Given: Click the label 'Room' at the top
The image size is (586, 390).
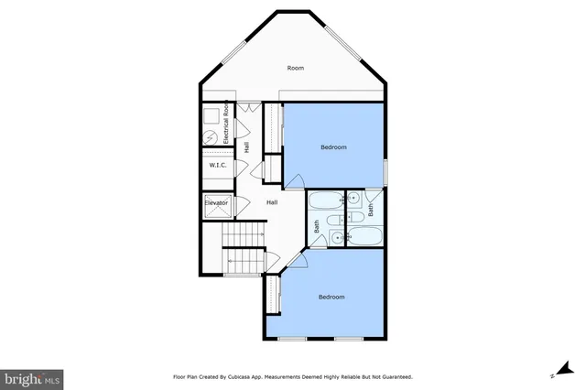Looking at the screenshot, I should pyautogui.click(x=295, y=68).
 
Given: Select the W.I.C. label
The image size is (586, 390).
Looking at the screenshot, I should pyautogui.click(x=218, y=166).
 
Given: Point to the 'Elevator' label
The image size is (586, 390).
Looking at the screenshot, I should pyautogui.click(x=216, y=203).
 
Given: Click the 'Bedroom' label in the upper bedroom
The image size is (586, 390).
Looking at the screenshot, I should pyautogui.click(x=333, y=147).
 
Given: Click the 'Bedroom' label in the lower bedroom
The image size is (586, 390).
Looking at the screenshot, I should pyautogui.click(x=331, y=297).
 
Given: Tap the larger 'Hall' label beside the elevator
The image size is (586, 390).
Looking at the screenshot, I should pyautogui.click(x=272, y=202).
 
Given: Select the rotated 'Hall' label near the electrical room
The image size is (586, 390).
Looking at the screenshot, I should pyautogui.click(x=247, y=146).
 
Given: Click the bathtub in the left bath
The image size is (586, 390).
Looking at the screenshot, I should pyautogui.click(x=325, y=200).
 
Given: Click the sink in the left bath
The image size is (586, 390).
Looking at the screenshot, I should pyautogui.click(x=338, y=237).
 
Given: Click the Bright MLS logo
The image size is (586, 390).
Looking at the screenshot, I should pyautogui.click(x=32, y=376).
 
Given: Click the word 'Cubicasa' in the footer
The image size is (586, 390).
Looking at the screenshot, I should pyautogui.click(x=236, y=376).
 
